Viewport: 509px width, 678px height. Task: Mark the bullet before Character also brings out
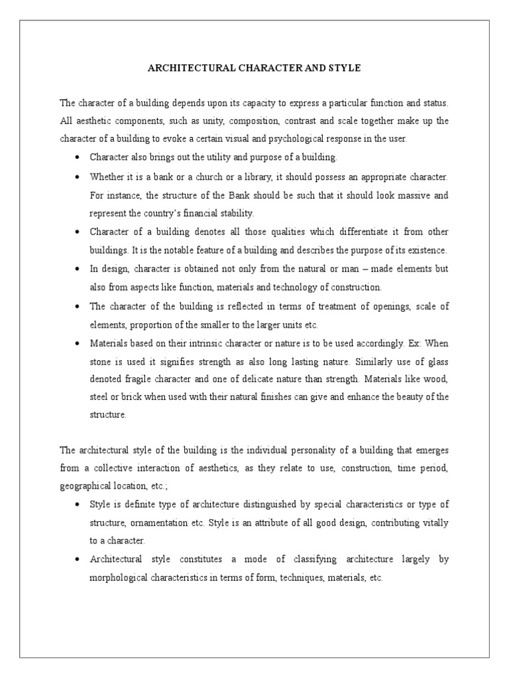pyautogui.click(x=78, y=158)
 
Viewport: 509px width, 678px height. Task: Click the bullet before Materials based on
pyautogui.click(x=78, y=344)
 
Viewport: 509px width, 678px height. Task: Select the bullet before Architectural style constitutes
pyautogui.click(x=78, y=559)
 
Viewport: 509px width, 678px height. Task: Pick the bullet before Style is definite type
pyautogui.click(x=78, y=505)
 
